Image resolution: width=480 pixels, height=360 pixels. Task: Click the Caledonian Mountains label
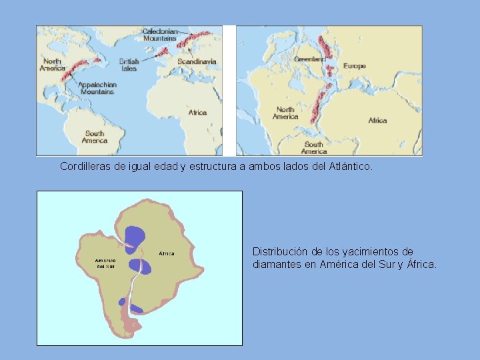tap(160, 35)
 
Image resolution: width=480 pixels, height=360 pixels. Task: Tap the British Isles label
tap(129, 65)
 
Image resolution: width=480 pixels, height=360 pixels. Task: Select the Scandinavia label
tap(197, 61)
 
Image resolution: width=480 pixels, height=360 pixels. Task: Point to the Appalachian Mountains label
tap(97, 88)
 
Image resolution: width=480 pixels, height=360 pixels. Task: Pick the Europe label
tap(355, 66)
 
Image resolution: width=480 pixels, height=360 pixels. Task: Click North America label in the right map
tap(285, 113)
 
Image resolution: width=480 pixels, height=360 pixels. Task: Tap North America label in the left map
tap(52, 65)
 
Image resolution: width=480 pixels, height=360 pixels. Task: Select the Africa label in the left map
tap(197, 113)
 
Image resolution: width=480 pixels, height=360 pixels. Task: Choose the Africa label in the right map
tap(377, 121)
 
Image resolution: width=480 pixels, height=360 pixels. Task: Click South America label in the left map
tap(95, 137)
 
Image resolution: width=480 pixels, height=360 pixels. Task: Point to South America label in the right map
tap(313, 147)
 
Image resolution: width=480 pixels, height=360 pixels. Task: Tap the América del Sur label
tap(105, 263)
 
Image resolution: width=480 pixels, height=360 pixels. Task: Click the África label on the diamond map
tap(166, 253)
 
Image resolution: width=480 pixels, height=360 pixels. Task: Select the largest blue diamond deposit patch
tap(135, 236)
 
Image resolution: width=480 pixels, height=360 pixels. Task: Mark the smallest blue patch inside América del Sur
tap(122, 302)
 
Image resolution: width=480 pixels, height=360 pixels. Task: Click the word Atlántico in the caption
tap(351, 166)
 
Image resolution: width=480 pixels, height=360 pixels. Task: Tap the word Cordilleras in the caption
tap(85, 166)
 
